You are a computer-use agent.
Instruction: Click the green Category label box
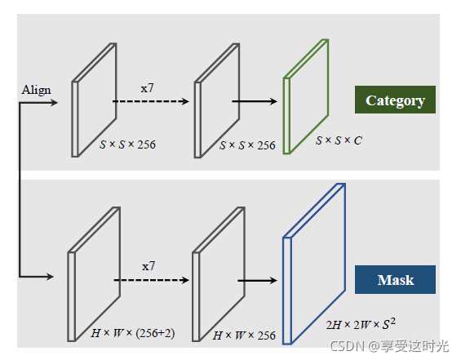point(395,100)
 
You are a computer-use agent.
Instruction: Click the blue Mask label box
point(395,279)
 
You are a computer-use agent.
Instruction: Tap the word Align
point(36,90)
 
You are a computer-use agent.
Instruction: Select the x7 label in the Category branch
point(147,88)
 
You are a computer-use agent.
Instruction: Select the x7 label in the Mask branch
point(148,266)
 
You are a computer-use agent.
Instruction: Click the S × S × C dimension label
point(339,140)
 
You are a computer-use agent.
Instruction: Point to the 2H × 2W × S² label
point(361,324)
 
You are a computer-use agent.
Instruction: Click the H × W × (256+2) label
point(133,333)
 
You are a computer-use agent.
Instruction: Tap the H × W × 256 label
point(244,336)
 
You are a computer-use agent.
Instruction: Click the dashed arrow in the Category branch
point(150,101)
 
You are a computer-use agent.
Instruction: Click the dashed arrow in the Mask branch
point(152,280)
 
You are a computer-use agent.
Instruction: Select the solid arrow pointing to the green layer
point(255,101)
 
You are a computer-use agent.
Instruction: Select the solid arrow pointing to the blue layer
point(257,281)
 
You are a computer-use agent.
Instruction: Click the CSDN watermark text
point(389,346)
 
